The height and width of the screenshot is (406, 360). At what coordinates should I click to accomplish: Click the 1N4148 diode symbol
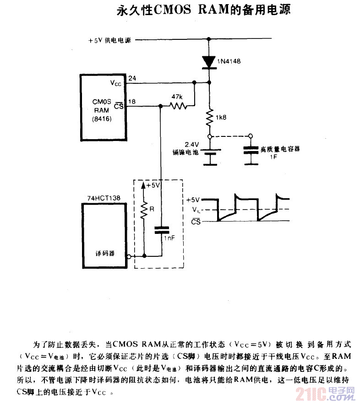pyautogui.click(x=209, y=62)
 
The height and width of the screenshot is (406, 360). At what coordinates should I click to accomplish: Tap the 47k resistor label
pyautogui.click(x=177, y=97)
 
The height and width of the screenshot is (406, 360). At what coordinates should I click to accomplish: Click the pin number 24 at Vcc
pyautogui.click(x=132, y=78)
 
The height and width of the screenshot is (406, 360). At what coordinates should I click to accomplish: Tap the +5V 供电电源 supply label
pyautogui.click(x=109, y=40)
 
